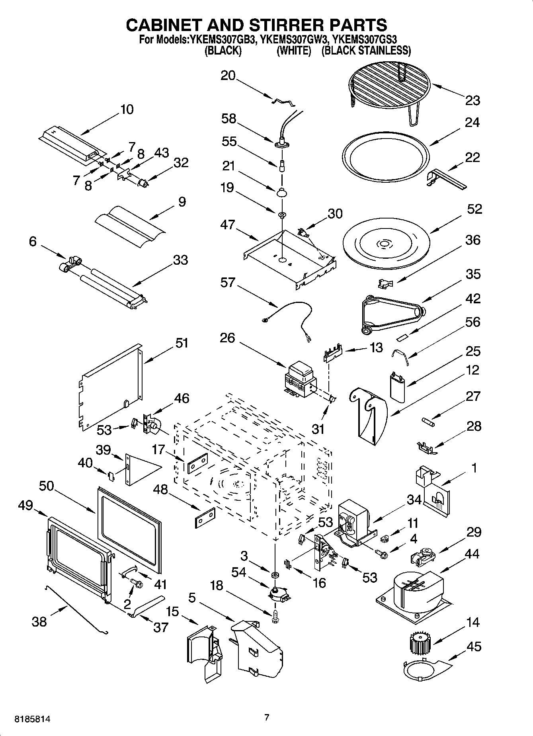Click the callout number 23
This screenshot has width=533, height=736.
pos(472,100)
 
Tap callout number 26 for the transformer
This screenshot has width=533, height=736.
pos(227,338)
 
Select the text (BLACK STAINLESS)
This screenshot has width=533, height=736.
pos(366,51)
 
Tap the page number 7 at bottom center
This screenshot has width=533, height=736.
pos(267,718)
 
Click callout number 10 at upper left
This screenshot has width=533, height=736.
pos(127,109)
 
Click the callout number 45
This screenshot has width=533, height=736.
pos(473,646)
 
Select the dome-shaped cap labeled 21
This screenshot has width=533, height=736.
pos(282,192)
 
